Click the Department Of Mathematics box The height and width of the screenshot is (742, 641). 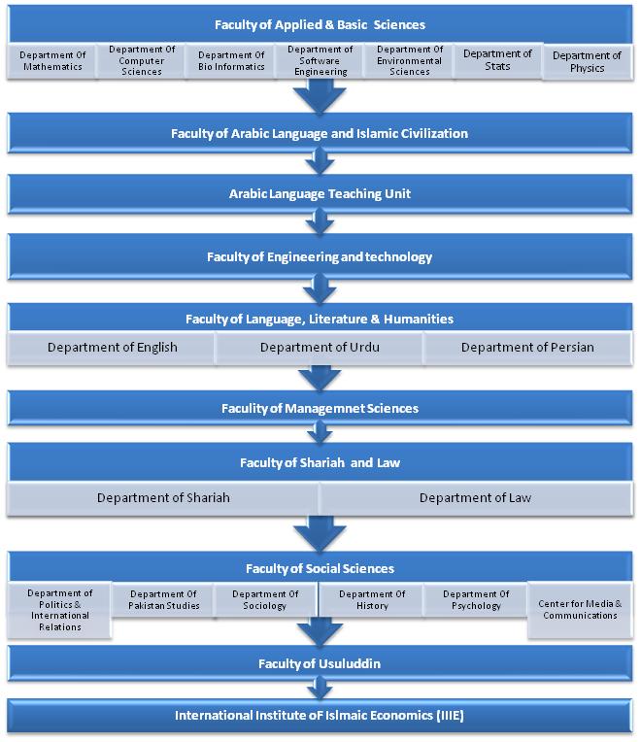click(x=52, y=61)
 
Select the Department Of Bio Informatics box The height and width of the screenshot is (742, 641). click(x=231, y=61)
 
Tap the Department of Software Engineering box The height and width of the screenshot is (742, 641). click(x=320, y=61)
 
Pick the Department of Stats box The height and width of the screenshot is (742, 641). click(x=497, y=61)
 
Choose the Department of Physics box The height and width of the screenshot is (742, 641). click(x=588, y=62)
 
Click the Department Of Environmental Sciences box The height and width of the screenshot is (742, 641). click(x=410, y=61)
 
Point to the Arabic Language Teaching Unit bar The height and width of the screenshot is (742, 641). click(x=320, y=194)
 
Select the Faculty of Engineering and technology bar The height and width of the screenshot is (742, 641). click(x=320, y=256)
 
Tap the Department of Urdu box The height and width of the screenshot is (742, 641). click(x=320, y=348)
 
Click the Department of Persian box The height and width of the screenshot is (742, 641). click(x=528, y=348)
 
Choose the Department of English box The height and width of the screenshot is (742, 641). click(x=112, y=348)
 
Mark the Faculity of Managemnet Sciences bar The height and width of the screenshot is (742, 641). click(x=320, y=408)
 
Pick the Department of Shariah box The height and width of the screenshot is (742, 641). click(x=163, y=498)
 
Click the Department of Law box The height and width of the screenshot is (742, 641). click(x=476, y=498)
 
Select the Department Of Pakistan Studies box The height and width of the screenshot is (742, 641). click(x=164, y=599)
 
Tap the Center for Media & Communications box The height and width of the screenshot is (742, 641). click(x=581, y=610)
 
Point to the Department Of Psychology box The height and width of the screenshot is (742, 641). click(x=476, y=599)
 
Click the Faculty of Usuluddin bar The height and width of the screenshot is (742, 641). click(x=320, y=663)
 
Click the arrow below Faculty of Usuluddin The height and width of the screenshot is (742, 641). click(x=320, y=688)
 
